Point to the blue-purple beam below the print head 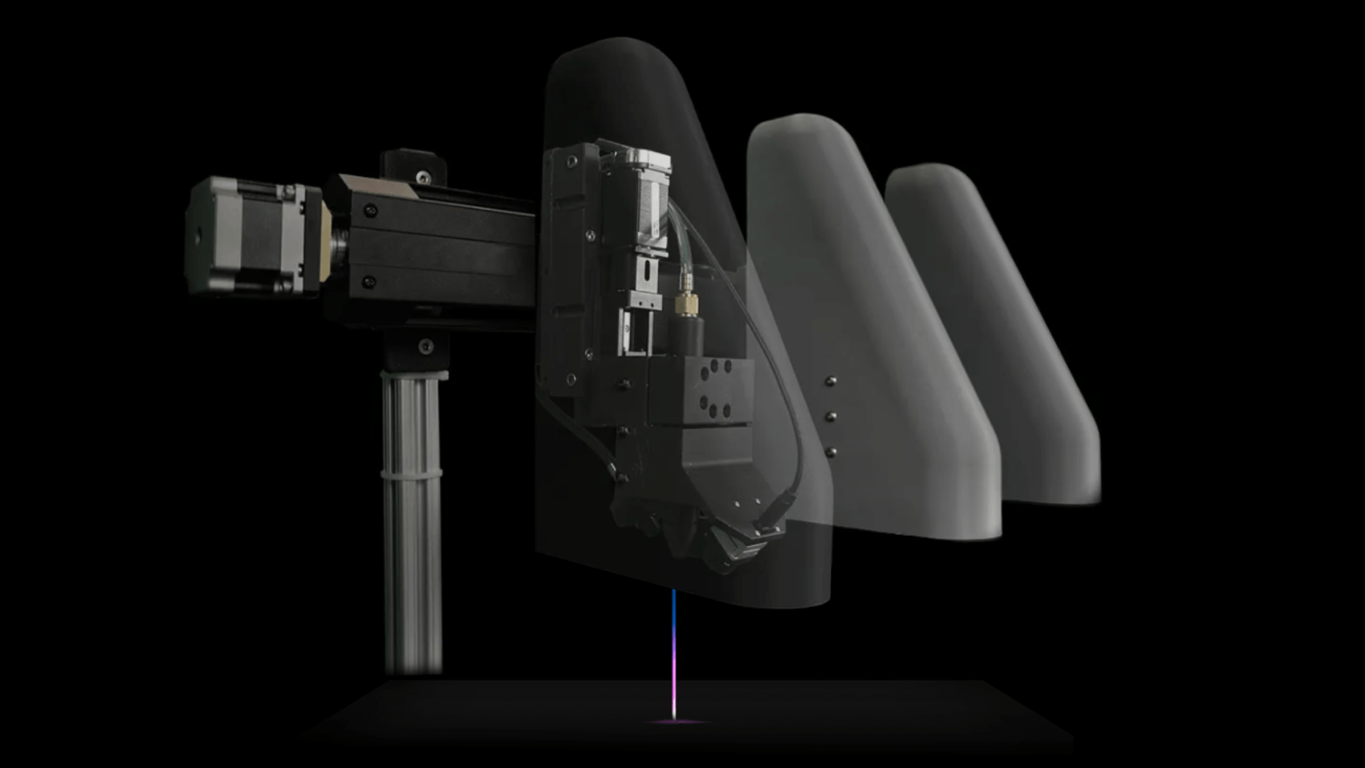(674, 649)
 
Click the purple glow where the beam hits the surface (674, 721)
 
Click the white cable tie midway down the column (411, 472)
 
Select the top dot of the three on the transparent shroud (831, 381)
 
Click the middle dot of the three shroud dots (831, 416)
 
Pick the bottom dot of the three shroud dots (831, 451)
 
